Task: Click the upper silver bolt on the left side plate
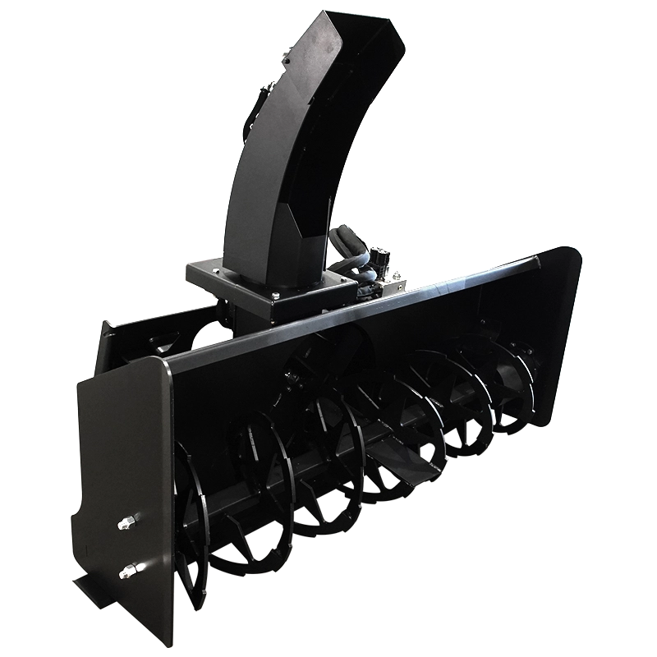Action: tap(128, 523)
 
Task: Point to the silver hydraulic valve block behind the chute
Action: tap(393, 279)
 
